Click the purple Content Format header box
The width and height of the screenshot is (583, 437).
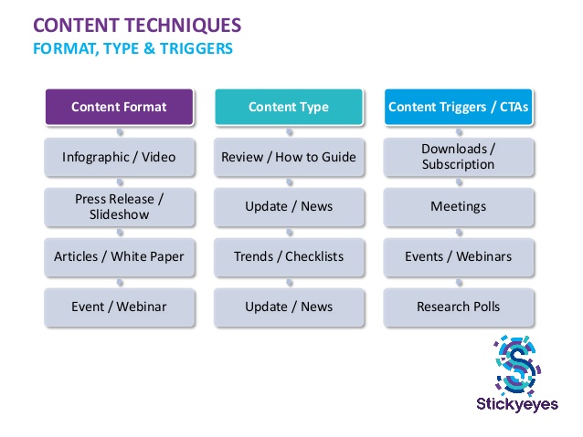tap(119, 107)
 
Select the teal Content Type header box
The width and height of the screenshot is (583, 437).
tap(288, 107)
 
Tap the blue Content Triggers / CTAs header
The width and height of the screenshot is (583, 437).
tap(458, 107)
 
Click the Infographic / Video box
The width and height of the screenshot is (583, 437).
tap(119, 157)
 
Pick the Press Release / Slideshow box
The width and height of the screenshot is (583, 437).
tap(119, 206)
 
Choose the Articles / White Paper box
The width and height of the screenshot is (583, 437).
tap(119, 256)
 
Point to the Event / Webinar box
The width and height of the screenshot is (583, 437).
tap(119, 307)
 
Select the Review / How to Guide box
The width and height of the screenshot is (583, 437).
tap(288, 157)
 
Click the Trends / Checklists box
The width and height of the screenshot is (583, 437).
tap(288, 256)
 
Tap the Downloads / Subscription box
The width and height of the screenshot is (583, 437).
tap(458, 157)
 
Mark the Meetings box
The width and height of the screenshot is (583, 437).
tap(458, 206)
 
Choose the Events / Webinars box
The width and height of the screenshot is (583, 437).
tap(458, 256)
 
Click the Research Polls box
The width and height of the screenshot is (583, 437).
tap(458, 307)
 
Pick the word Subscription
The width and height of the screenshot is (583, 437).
tap(458, 165)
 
